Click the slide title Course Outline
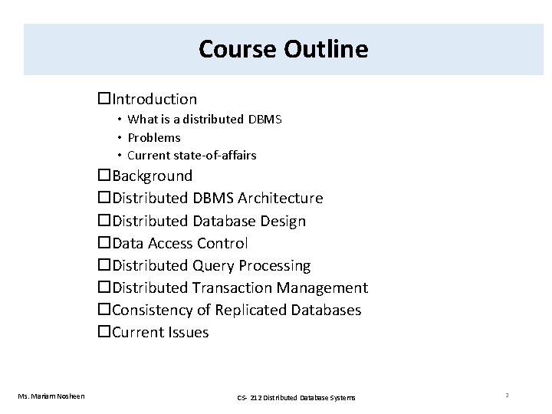(283, 49)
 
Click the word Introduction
(154, 99)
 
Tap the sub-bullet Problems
(154, 137)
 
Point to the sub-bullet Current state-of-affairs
(192, 155)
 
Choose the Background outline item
(152, 176)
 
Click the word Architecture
(281, 199)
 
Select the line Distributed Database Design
(209, 221)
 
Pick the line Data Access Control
(179, 243)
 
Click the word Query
(213, 265)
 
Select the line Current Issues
(159, 332)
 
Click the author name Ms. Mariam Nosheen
(52, 396)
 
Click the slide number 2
(508, 395)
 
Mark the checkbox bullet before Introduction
(104, 99)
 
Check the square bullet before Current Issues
(104, 332)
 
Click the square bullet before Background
(104, 176)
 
